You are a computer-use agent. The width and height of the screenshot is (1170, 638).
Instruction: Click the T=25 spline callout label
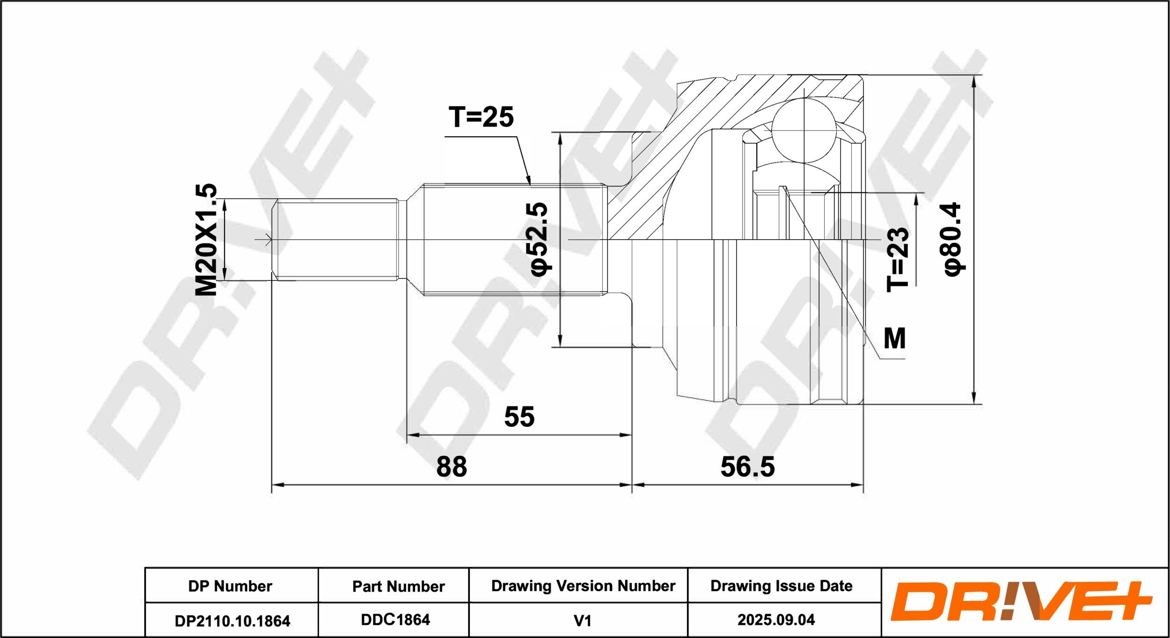(481, 117)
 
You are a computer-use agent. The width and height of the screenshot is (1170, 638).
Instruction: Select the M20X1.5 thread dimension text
(206, 239)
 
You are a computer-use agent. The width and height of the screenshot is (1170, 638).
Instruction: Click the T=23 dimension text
(898, 259)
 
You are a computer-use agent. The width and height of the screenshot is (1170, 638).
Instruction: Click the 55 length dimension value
(519, 417)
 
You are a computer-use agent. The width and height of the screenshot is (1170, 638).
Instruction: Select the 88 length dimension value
(452, 467)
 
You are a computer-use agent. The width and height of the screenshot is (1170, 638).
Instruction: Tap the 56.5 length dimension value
(747, 467)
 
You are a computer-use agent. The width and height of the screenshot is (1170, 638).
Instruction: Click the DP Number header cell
(230, 586)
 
